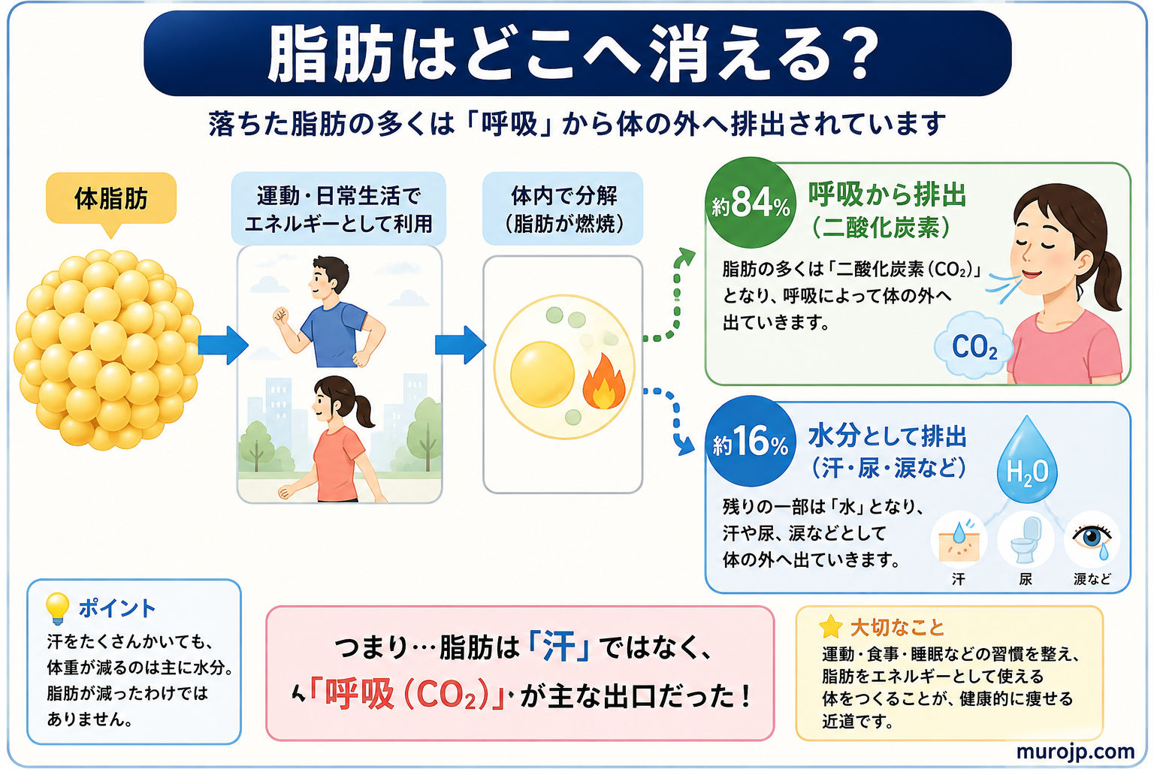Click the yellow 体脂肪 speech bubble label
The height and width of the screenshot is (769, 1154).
tap(111, 201)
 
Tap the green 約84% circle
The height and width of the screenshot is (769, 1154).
tap(750, 203)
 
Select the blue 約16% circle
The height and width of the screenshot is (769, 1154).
tap(750, 441)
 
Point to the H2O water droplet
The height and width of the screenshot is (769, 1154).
tap(1027, 461)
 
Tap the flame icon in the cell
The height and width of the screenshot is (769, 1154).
tap(604, 381)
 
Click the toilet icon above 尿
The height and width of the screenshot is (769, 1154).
tap(1026, 540)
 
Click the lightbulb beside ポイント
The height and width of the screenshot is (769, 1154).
tap(57, 608)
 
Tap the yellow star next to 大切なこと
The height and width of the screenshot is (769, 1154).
tap(830, 627)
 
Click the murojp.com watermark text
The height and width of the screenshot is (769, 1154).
tap(1075, 752)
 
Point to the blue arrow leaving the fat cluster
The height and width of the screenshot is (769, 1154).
tap(222, 345)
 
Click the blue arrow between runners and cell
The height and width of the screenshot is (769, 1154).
tap(460, 345)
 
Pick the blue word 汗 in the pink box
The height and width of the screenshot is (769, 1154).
tap(560, 647)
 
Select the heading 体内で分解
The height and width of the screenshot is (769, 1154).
tap(563, 196)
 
